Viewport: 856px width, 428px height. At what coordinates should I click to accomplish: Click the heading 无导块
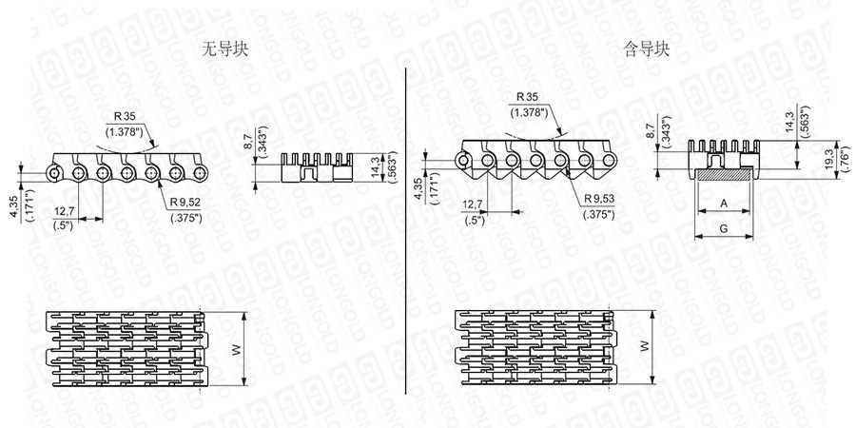point(224,50)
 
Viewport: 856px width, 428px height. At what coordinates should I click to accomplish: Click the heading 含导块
point(647,50)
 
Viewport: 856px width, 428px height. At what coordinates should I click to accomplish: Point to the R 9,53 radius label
point(599,198)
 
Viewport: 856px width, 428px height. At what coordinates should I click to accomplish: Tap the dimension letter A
point(724,204)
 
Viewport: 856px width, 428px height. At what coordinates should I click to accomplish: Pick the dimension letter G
point(724,228)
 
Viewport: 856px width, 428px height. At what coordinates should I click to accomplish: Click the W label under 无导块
point(237,349)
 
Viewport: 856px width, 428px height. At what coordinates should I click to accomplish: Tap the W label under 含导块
point(645,345)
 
